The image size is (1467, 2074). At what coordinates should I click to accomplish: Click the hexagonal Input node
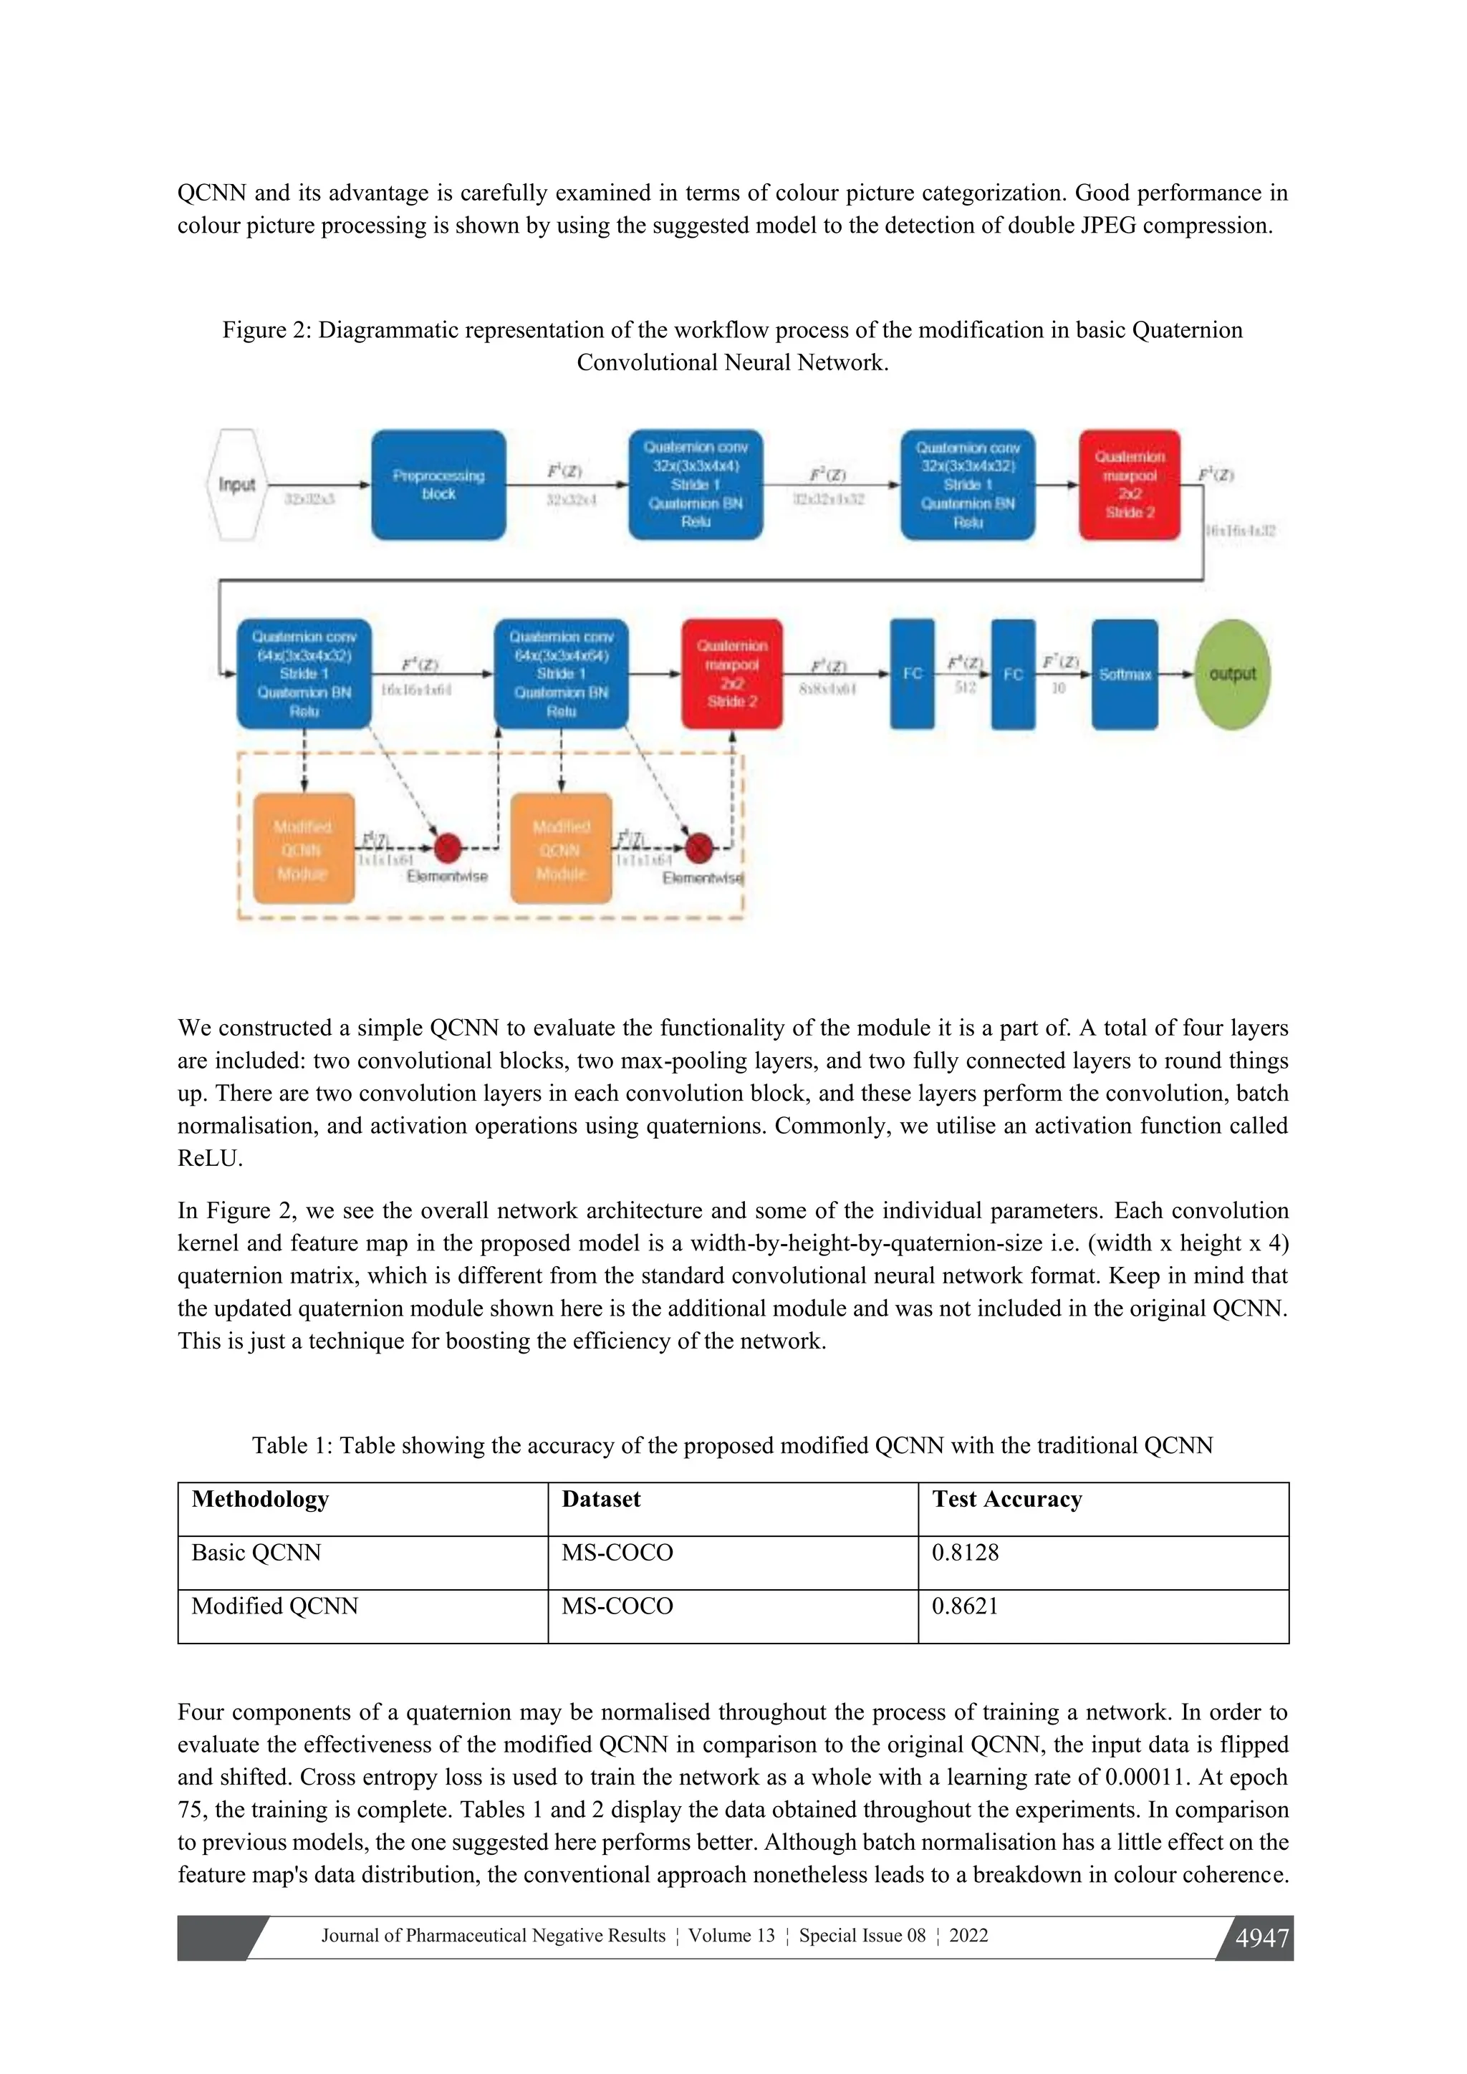(236, 485)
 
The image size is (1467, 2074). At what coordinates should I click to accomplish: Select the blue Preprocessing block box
(438, 485)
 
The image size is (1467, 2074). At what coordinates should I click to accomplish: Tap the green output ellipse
(1232, 674)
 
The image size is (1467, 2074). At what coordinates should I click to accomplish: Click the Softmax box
(1125, 674)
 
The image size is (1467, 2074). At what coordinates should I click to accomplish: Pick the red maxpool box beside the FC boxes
(731, 674)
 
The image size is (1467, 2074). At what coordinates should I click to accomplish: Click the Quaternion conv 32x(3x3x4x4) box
(696, 485)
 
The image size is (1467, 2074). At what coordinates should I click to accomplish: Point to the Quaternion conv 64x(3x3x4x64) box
(561, 674)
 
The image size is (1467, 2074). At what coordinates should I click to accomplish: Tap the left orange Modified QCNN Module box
(304, 849)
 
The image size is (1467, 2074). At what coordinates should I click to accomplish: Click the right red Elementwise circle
(698, 848)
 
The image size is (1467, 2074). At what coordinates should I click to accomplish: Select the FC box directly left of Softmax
(1013, 674)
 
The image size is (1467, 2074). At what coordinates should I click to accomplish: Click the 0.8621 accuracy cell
(965, 1606)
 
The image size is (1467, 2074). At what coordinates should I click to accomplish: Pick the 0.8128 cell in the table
(965, 1553)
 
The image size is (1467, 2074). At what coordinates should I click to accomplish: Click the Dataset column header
(601, 1500)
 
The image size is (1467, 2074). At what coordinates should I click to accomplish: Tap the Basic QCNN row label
(256, 1553)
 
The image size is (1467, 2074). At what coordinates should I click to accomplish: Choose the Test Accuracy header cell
(1006, 1500)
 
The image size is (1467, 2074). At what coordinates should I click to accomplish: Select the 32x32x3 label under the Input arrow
(310, 498)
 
